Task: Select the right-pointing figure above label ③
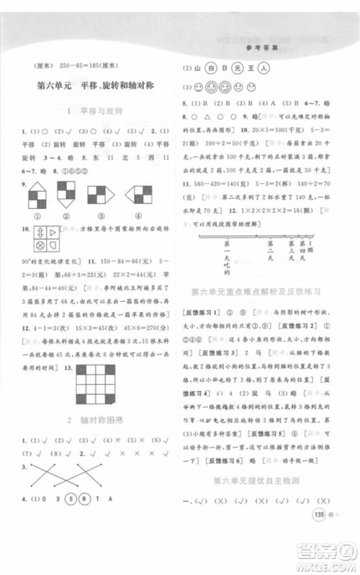tap(99, 193)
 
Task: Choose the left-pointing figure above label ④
tap(137, 193)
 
